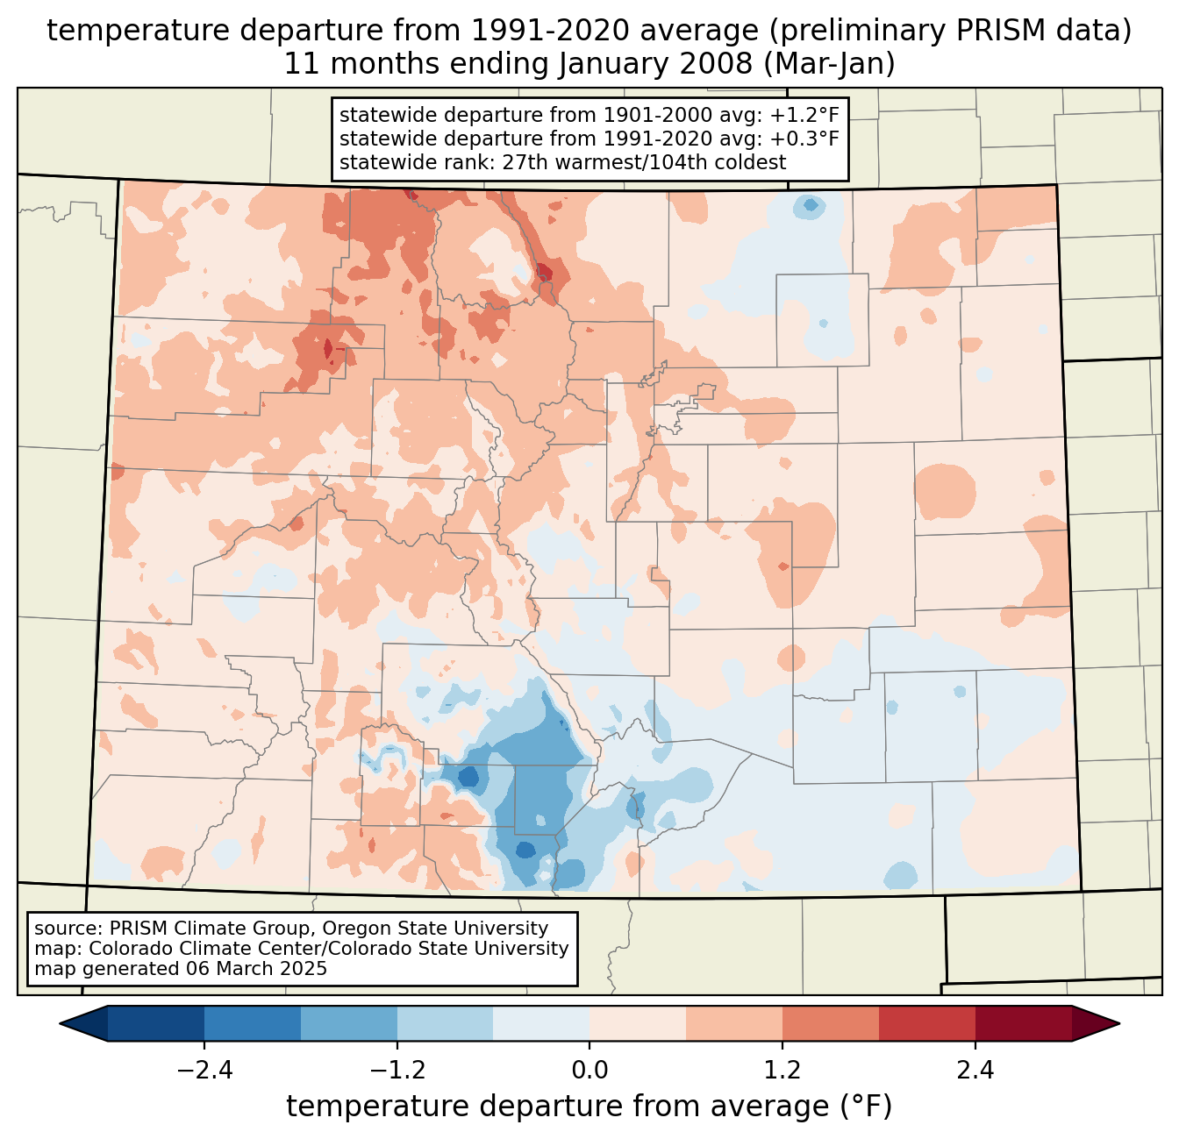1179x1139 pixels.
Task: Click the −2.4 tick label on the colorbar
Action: pos(204,1071)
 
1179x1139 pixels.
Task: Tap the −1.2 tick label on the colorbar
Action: pos(397,1071)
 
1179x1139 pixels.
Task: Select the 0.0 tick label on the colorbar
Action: pos(589,1071)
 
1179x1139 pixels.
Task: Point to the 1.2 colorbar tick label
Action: pos(782,1071)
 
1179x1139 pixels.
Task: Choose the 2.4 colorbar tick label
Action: pos(975,1071)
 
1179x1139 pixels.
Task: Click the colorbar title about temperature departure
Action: pos(589,1107)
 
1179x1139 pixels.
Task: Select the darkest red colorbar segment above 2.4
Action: pos(1023,1023)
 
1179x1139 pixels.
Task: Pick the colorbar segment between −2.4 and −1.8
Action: pos(253,1023)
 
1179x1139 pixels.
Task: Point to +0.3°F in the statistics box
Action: pos(808,139)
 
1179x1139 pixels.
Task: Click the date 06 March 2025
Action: pos(256,969)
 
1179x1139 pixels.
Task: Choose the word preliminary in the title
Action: pos(850,31)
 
